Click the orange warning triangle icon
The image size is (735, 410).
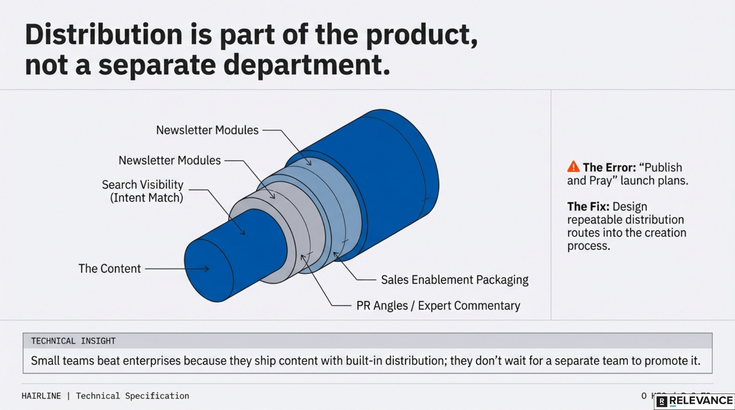[573, 167]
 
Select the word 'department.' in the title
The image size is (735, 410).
[307, 65]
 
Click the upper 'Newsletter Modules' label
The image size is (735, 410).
[207, 130]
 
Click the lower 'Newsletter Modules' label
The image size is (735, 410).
[170, 161]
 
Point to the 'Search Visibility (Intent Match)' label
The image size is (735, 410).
[143, 191]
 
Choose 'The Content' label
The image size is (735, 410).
[109, 269]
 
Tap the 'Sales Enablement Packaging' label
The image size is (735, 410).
[454, 279]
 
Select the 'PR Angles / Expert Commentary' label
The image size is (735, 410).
[438, 305]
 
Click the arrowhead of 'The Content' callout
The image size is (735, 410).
[207, 269]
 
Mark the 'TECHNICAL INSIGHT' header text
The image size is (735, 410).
[73, 341]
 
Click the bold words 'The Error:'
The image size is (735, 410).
[609, 167]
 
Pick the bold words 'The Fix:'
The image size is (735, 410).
[588, 207]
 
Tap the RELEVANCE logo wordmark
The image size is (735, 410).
[701, 401]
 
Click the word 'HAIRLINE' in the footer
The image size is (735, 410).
[41, 396]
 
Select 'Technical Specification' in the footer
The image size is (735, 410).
[133, 396]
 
